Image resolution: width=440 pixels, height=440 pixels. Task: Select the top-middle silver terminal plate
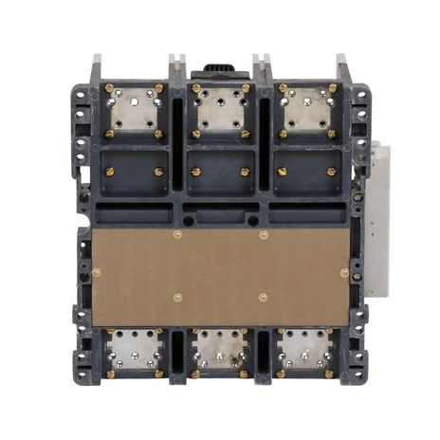(x=220, y=111)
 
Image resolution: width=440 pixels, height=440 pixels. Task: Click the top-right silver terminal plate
(x=306, y=111)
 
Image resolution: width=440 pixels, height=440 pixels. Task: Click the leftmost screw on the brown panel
(x=96, y=273)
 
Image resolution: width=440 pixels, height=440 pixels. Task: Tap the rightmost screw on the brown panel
(x=343, y=273)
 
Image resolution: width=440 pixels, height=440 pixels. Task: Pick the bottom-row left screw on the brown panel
(x=177, y=296)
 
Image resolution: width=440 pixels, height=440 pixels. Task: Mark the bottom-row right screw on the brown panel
(x=263, y=296)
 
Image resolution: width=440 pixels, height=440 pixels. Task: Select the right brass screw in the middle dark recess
(x=245, y=172)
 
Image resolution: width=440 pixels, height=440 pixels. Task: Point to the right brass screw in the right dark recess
(x=331, y=172)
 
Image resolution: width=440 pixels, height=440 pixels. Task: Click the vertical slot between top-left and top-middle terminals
(x=176, y=123)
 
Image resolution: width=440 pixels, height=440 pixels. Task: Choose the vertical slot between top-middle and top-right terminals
(x=264, y=123)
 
